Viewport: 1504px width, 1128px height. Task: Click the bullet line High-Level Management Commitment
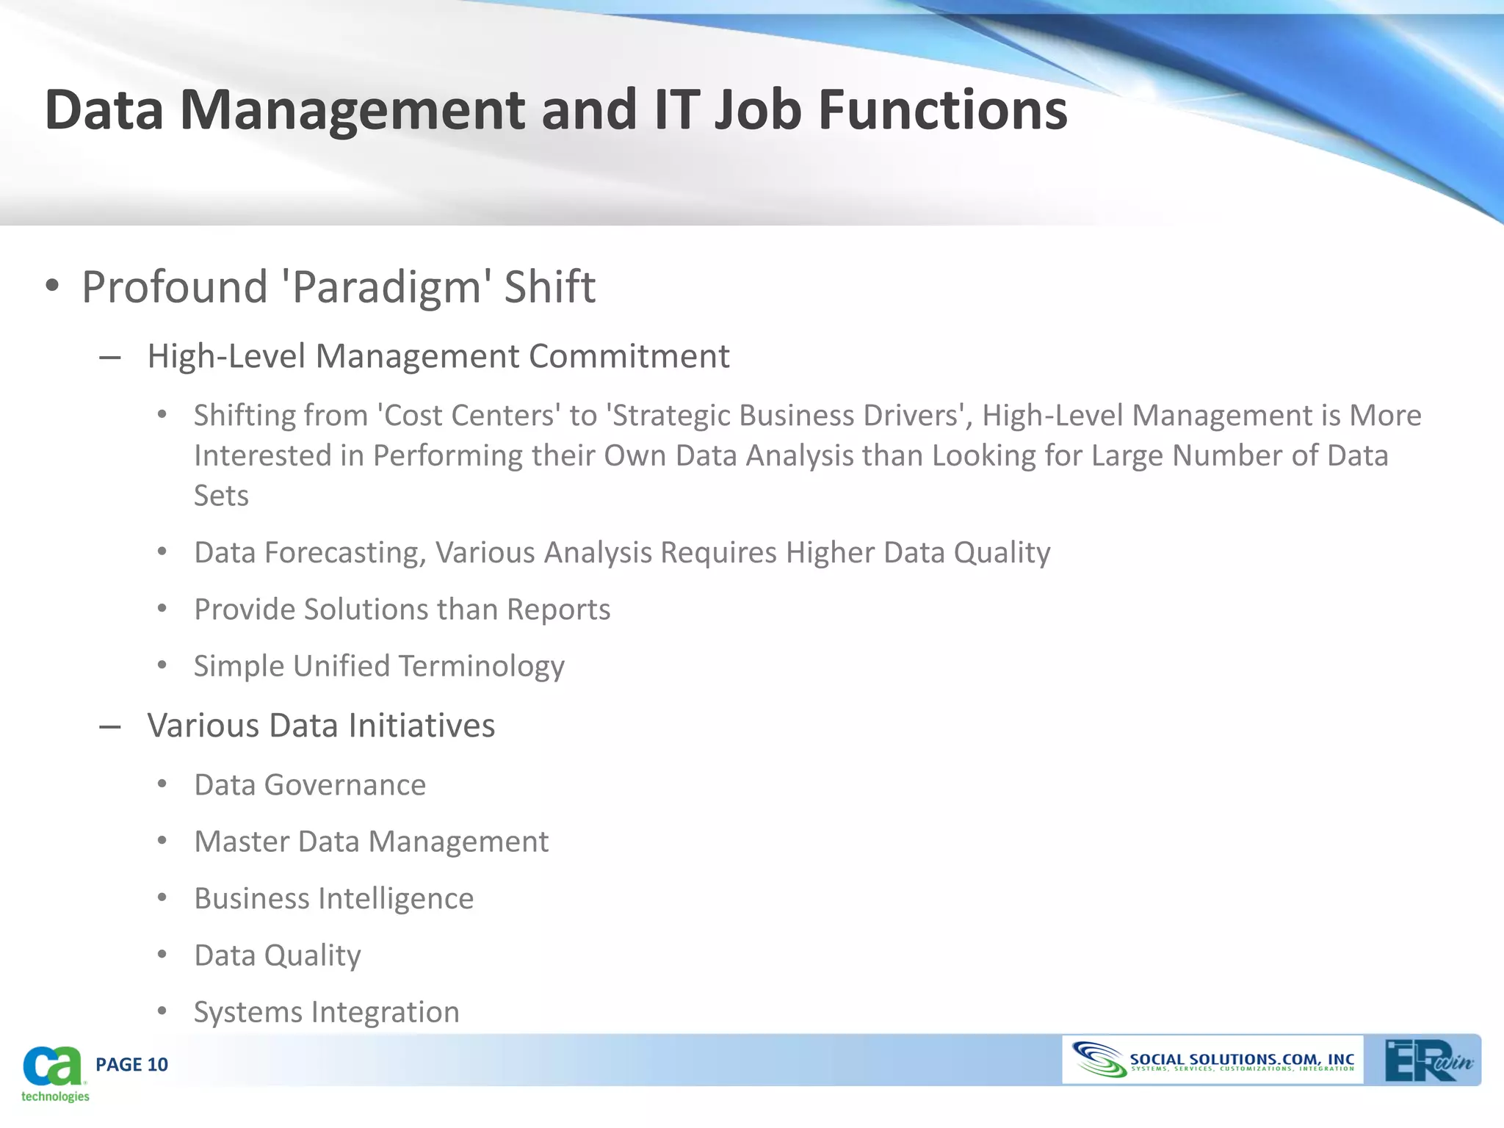pos(438,356)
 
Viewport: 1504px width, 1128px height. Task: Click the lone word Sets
pos(221,496)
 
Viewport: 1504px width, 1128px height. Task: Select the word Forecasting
pos(345,552)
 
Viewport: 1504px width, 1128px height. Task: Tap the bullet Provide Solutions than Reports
pos(402,610)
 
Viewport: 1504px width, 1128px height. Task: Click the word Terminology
pos(482,666)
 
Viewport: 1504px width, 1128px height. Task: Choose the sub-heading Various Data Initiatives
pos(321,726)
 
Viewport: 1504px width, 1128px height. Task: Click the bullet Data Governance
pos(310,785)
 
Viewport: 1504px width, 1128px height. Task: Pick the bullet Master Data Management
pos(371,842)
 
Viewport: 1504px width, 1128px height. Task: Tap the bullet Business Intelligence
pos(334,899)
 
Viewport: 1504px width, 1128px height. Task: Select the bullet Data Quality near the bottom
pos(278,955)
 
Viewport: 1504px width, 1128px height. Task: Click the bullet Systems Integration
pos(327,1012)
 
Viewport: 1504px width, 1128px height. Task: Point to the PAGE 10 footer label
pos(131,1065)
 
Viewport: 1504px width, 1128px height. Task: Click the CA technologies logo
pos(54,1073)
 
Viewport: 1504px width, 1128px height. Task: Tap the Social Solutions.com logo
pos(1212,1060)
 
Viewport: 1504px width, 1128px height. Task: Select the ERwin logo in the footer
pos(1428,1060)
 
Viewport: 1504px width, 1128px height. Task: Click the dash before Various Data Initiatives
pos(109,727)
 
